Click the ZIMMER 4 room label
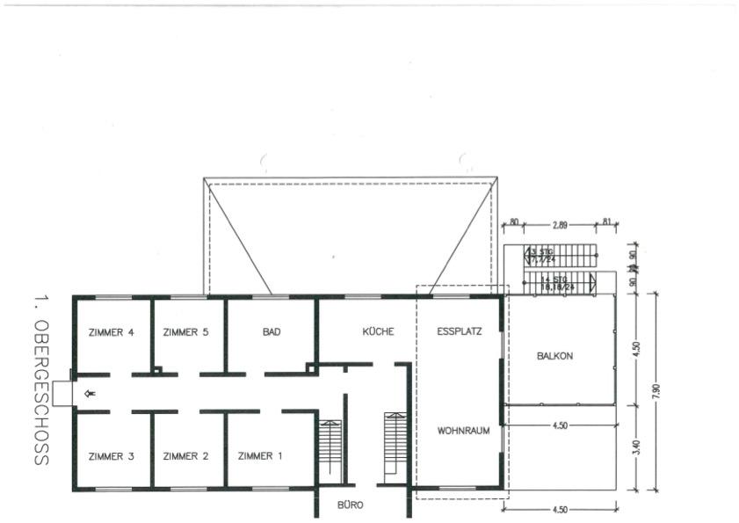pos(112,332)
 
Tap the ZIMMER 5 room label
pos(186,332)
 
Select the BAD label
pos(272,332)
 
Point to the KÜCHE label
pos(378,332)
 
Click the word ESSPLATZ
pos(460,332)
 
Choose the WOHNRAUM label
pos(462,432)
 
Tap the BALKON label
pos(554,356)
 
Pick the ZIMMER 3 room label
pos(112,456)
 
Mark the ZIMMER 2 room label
pos(186,456)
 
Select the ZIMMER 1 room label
pos(261,456)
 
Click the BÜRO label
pos(351,505)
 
